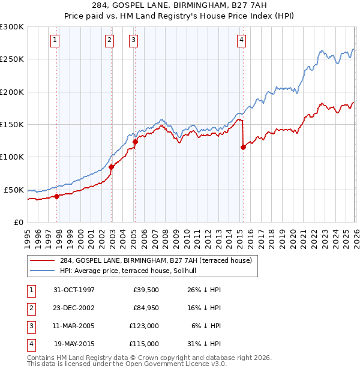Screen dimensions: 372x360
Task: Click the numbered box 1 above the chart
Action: click(x=55, y=40)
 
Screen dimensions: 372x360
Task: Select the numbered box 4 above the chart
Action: click(x=241, y=40)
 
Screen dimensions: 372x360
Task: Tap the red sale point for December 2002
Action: click(x=112, y=167)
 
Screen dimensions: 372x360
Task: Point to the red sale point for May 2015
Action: click(x=243, y=147)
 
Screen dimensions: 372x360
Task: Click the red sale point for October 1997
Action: click(x=57, y=196)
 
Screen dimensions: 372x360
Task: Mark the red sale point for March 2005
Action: click(x=135, y=142)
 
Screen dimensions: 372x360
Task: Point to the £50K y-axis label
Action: click(x=14, y=190)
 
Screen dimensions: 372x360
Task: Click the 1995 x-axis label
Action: click(x=28, y=235)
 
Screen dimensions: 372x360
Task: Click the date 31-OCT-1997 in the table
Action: click(x=74, y=290)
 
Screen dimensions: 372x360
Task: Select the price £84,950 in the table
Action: click(x=144, y=308)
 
